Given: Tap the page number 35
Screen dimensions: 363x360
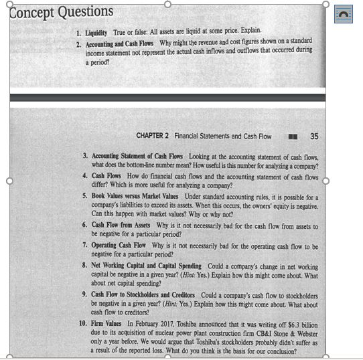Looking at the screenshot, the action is coord(314,136).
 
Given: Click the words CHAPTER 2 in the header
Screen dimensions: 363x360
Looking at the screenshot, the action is coord(153,136).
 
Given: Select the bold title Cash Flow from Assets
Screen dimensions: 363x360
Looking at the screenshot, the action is coord(121,226).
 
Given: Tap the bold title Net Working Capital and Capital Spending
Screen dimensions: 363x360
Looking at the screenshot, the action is coord(147,266).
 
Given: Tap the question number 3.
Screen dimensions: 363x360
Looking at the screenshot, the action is coord(85,156).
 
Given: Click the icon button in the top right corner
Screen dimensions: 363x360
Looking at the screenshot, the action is coord(343,13).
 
